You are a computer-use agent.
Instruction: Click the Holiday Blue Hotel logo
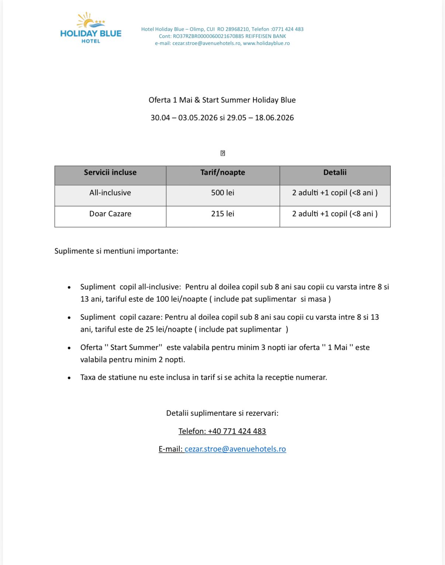(91, 28)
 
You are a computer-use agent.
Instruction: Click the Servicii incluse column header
(110, 172)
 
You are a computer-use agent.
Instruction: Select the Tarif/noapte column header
(222, 172)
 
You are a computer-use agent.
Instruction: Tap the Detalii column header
(335, 172)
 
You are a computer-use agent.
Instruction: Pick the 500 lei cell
(222, 193)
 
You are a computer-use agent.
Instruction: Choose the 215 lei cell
(222, 214)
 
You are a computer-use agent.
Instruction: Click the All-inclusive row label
(110, 193)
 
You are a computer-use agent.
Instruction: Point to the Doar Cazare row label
(110, 214)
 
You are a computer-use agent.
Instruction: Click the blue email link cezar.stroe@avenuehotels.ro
(235, 449)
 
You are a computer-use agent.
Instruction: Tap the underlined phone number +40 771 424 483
(237, 431)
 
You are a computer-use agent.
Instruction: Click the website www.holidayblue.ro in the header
(266, 43)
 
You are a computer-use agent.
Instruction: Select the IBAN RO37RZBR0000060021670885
(208, 36)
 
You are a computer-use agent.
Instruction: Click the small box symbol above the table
(222, 153)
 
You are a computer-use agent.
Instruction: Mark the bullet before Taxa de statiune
(69, 378)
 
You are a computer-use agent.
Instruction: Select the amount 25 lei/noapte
(169, 329)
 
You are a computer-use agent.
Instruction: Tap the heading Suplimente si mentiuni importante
(116, 251)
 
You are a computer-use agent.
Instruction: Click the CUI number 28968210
(237, 29)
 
